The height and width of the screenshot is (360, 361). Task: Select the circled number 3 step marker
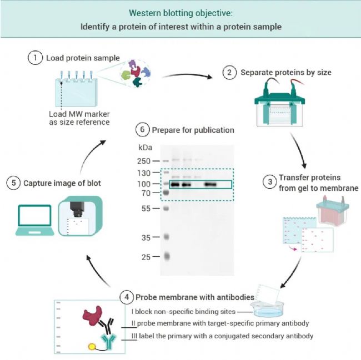point(269,181)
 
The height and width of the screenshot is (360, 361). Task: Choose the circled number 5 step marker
point(12,182)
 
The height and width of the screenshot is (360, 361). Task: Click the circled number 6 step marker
point(143,130)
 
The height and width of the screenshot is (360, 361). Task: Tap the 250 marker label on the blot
point(144,161)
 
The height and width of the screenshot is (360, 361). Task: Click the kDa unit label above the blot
point(144,148)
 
